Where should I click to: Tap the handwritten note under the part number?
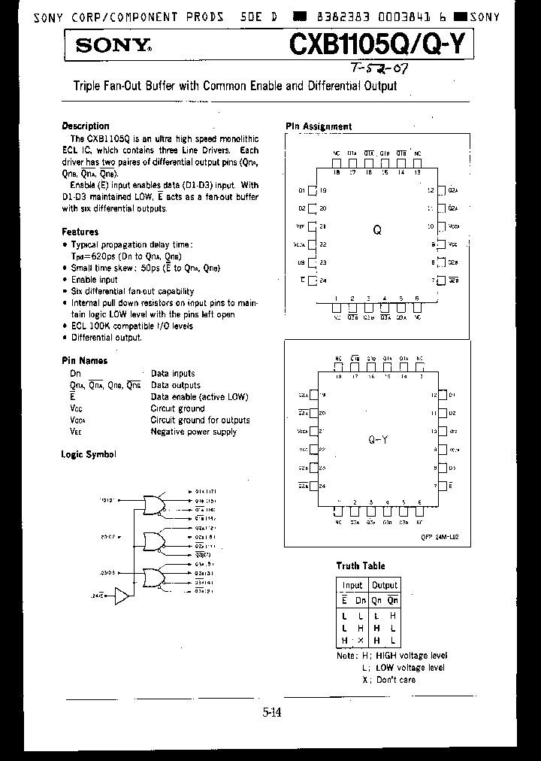coord(382,69)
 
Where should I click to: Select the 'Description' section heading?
coord(85,126)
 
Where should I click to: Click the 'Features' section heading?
coord(80,232)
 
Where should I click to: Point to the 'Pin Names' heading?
coord(84,361)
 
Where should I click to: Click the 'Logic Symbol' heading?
coord(89,454)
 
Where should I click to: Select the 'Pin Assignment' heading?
coord(319,126)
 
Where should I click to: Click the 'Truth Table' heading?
coord(360,566)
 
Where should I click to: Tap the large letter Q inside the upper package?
coord(378,231)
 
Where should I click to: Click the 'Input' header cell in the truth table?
coord(352,585)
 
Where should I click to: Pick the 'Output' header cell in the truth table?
coord(384,585)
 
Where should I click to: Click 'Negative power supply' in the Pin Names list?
coord(193,432)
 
